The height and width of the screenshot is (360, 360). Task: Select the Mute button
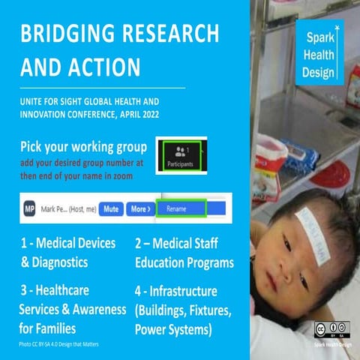(x=112, y=208)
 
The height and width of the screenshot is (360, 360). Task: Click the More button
(x=139, y=208)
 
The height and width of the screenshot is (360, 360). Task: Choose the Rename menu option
(x=181, y=208)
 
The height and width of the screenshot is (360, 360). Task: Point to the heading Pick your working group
(x=82, y=145)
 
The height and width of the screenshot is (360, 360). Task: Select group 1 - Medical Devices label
(x=70, y=244)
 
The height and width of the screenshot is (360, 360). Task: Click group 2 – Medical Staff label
(x=184, y=244)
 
